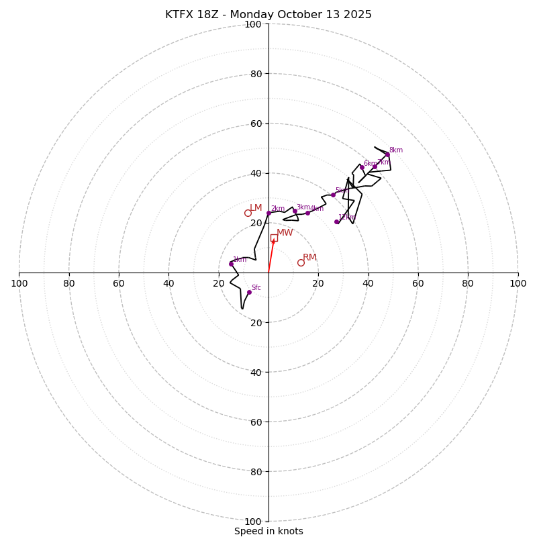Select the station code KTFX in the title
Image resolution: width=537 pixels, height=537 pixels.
tap(180, 15)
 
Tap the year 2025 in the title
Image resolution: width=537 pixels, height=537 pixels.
tap(357, 15)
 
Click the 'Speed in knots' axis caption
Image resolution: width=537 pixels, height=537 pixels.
tap(268, 531)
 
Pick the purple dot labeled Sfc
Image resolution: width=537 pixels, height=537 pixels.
tap(249, 292)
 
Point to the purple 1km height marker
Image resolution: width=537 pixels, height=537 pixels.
tap(231, 264)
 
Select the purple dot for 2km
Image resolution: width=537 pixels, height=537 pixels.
tap(268, 213)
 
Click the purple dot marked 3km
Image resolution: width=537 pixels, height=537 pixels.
tap(295, 211)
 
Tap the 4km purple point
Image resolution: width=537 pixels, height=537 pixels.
tap(308, 213)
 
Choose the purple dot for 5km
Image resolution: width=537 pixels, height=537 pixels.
tap(333, 195)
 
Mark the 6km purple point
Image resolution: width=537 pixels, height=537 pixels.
tap(362, 167)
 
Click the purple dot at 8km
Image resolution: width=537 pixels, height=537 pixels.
tap(387, 154)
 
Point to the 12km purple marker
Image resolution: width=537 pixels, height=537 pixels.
tap(337, 222)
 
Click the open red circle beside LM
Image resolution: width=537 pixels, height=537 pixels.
tap(248, 213)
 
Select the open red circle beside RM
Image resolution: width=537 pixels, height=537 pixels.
tap(301, 262)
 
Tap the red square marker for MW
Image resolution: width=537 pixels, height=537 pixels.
tap(274, 238)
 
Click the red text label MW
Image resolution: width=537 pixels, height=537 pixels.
tap(285, 233)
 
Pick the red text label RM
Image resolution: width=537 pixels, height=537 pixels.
tap(309, 258)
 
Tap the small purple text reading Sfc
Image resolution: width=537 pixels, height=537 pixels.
tap(256, 288)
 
